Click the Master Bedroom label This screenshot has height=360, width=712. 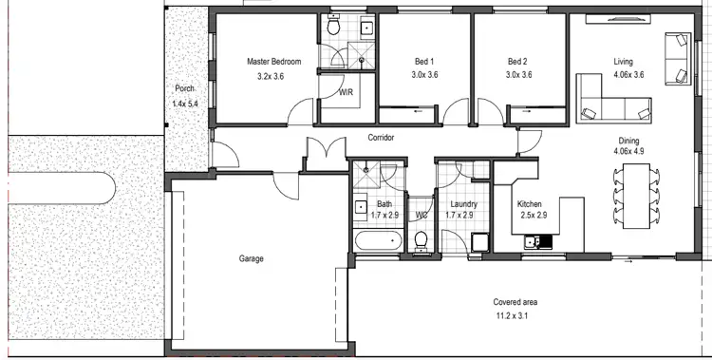tap(273, 62)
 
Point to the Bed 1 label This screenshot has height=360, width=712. tap(425, 62)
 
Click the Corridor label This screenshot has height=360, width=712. tap(381, 138)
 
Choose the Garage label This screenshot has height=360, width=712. tap(251, 258)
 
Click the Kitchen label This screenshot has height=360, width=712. tap(529, 204)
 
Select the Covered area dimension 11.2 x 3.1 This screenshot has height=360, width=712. tap(516, 315)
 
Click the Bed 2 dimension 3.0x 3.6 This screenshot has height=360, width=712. tap(518, 75)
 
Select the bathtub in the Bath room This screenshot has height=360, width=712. tap(377, 241)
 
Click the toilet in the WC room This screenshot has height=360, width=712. tap(421, 241)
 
